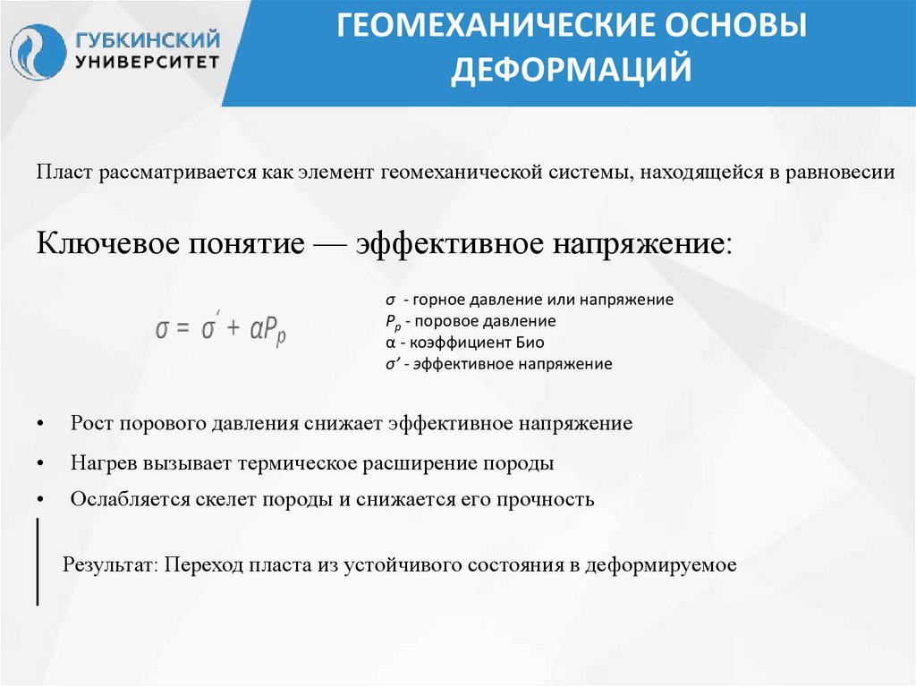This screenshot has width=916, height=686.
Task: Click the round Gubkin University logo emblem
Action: (38, 52)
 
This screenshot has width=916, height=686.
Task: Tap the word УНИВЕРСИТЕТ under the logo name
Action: (148, 63)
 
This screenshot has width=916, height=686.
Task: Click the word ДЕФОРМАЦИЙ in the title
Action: (571, 69)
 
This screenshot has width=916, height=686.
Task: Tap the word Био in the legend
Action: (529, 343)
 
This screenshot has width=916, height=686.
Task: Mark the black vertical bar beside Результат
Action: (38, 561)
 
